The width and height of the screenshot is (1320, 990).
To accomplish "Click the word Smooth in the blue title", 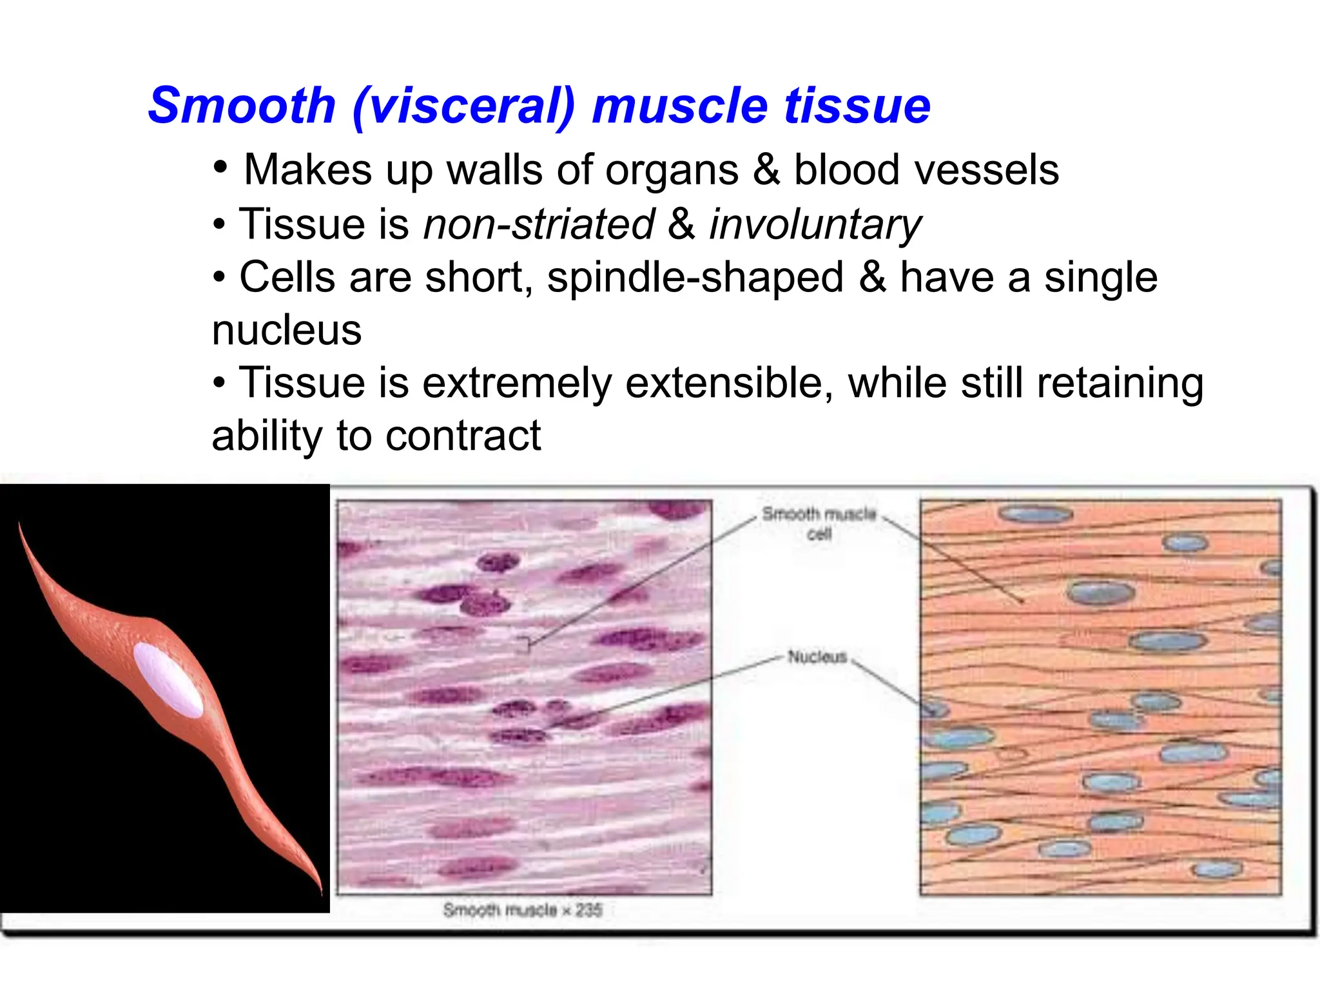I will click(x=242, y=106).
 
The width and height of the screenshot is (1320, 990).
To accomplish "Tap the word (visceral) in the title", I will click(x=463, y=106).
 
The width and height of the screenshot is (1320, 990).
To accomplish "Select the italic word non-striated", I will click(x=539, y=225).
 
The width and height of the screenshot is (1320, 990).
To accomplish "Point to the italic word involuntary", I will click(x=815, y=225).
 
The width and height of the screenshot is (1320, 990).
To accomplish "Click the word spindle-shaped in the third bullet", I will click(x=695, y=278).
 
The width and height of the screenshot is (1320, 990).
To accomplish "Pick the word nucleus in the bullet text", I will click(x=287, y=331).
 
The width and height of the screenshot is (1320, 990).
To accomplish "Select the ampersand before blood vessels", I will click(x=766, y=170).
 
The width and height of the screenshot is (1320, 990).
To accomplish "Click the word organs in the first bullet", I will click(x=672, y=170).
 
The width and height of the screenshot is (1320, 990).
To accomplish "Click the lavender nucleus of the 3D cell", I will click(x=168, y=680).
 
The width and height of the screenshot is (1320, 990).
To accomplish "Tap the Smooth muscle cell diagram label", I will click(x=819, y=523).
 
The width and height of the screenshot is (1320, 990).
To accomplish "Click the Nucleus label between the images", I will click(x=817, y=657).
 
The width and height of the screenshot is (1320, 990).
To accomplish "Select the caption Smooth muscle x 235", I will click(x=522, y=910).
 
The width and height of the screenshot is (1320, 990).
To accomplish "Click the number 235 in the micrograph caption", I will click(x=588, y=910).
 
